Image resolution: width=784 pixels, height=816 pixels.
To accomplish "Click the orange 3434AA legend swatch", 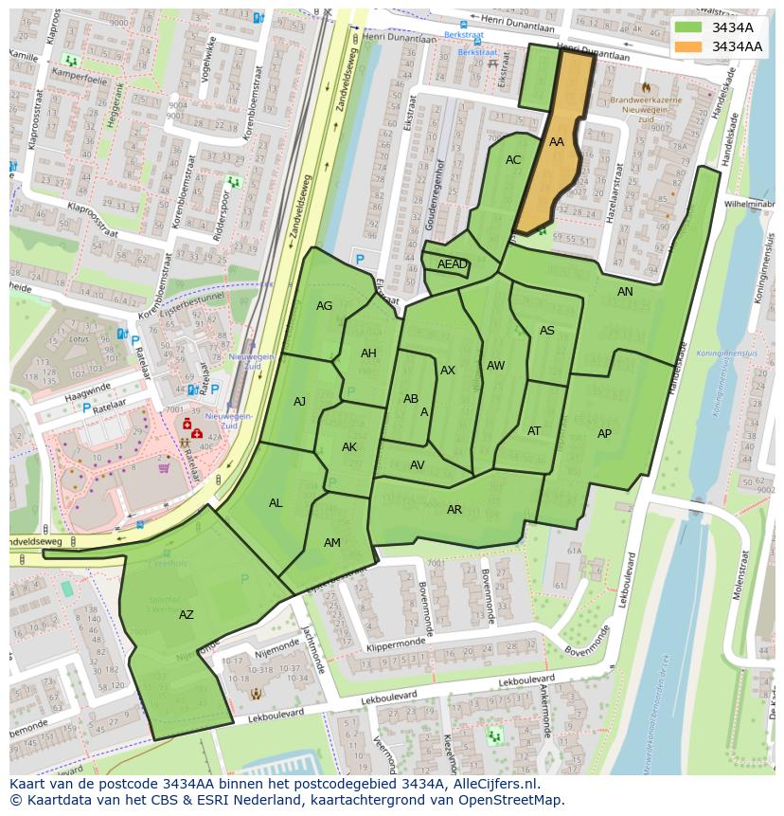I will click(x=689, y=46).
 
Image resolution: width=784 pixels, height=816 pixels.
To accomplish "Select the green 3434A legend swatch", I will click(x=689, y=27).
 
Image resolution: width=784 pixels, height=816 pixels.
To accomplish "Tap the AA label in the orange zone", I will click(x=557, y=142).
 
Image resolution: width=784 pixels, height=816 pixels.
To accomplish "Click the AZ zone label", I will click(x=187, y=615).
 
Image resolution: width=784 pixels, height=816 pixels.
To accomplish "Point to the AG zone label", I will click(x=325, y=306).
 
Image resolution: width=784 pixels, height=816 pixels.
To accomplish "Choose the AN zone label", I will click(x=625, y=292).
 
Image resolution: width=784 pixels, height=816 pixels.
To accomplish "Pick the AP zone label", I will click(x=604, y=434).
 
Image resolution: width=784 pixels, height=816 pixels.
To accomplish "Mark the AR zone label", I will click(x=454, y=510).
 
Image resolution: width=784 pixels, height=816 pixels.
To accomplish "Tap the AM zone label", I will click(x=332, y=543).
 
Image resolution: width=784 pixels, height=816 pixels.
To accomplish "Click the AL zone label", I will click(x=276, y=503).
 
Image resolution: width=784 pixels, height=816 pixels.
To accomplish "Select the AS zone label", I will click(x=547, y=331).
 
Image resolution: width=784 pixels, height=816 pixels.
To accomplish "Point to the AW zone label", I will click(x=495, y=366).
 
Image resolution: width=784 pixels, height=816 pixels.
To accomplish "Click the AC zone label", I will click(x=513, y=160).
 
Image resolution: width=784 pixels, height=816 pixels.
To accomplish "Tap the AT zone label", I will click(x=534, y=431).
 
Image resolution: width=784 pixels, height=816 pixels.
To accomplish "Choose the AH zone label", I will click(x=368, y=354).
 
